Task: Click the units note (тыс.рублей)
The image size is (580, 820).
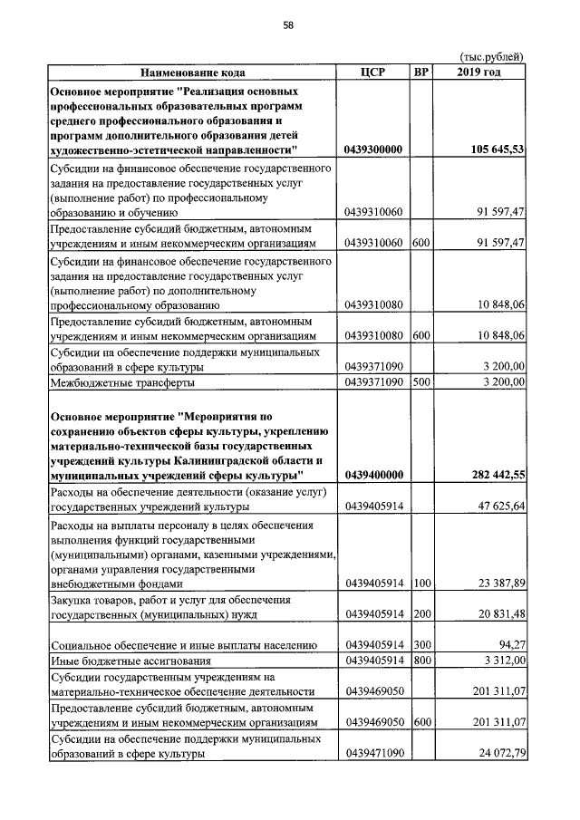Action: [492, 55]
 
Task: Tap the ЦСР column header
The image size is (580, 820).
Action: [373, 72]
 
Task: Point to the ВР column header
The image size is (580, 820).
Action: [420, 72]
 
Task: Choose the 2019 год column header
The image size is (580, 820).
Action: [478, 72]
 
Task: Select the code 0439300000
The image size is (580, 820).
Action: [373, 150]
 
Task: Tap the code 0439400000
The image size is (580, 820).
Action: [373, 476]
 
